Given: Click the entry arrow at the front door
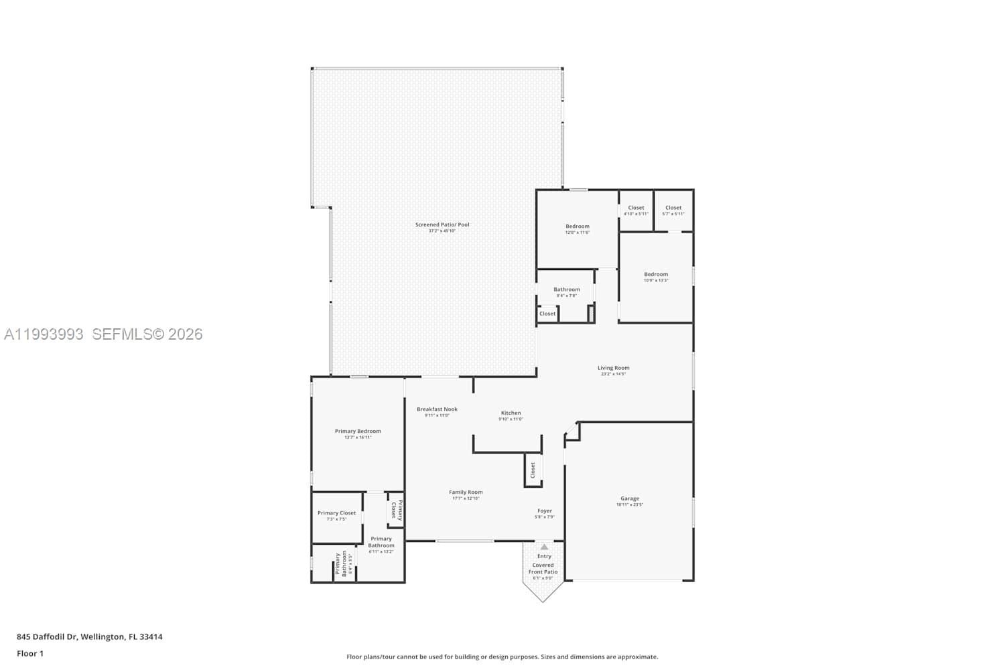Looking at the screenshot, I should tap(544, 547).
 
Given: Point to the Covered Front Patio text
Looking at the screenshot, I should tap(543, 568).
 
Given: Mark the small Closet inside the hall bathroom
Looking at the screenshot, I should tap(547, 314).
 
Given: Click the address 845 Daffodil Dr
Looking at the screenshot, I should tap(90, 636).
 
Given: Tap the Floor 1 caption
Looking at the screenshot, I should tap(30, 653).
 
